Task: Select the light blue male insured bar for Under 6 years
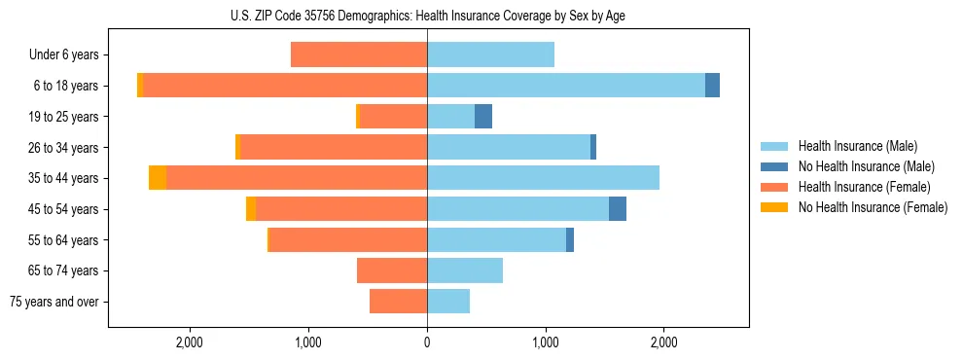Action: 490,54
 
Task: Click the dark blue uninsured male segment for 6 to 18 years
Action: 712,86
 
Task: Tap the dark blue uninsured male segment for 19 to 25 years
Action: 482,117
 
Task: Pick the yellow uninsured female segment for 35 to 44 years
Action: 158,178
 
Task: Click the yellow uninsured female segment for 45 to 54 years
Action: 251,209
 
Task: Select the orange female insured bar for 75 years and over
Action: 398,302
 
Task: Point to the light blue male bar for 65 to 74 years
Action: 465,270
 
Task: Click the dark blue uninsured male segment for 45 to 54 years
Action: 618,209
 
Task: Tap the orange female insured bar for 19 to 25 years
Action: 393,117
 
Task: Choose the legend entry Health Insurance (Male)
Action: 857,146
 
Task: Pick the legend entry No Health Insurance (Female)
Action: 873,207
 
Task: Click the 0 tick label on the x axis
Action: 427,342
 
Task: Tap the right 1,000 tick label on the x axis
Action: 546,342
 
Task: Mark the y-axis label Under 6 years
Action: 63,55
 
